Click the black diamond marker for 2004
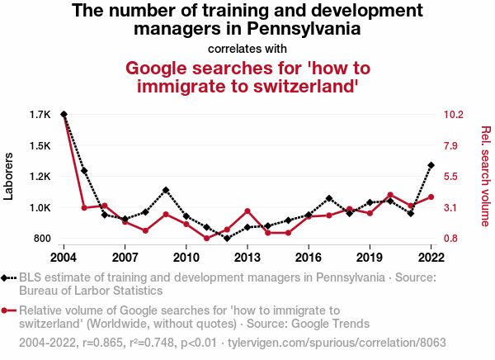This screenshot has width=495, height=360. point(64,114)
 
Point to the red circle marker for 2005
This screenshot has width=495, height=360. point(84,208)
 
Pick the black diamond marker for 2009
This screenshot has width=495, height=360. point(166,190)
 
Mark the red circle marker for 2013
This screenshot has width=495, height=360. point(247,211)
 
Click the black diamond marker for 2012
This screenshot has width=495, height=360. point(227,239)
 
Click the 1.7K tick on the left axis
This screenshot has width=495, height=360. point(40,114)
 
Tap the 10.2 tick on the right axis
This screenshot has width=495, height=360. point(455,114)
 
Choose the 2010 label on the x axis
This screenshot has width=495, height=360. point(186,256)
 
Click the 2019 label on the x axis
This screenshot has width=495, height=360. point(370,256)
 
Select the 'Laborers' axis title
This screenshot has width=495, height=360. point(10,177)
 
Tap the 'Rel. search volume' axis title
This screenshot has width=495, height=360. point(485,176)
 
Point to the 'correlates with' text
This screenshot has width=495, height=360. point(247,48)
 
